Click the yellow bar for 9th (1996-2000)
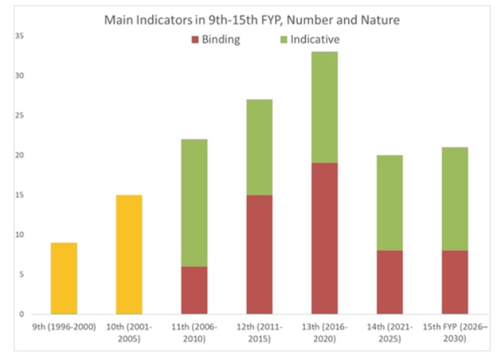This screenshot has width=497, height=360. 64,278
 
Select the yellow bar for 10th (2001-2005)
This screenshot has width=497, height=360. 129,254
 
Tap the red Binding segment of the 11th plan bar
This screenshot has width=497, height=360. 194,290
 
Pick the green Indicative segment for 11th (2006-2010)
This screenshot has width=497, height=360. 194,202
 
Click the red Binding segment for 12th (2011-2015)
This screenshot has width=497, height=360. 259,254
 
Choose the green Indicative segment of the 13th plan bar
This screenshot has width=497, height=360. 324,107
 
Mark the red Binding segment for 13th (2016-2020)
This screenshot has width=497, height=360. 324,238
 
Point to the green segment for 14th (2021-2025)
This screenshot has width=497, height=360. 389,202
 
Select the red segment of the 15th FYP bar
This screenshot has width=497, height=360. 454,282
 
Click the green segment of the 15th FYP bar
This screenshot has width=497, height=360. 454,198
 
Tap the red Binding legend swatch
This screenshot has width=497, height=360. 196,39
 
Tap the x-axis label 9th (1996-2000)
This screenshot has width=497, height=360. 64,327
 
